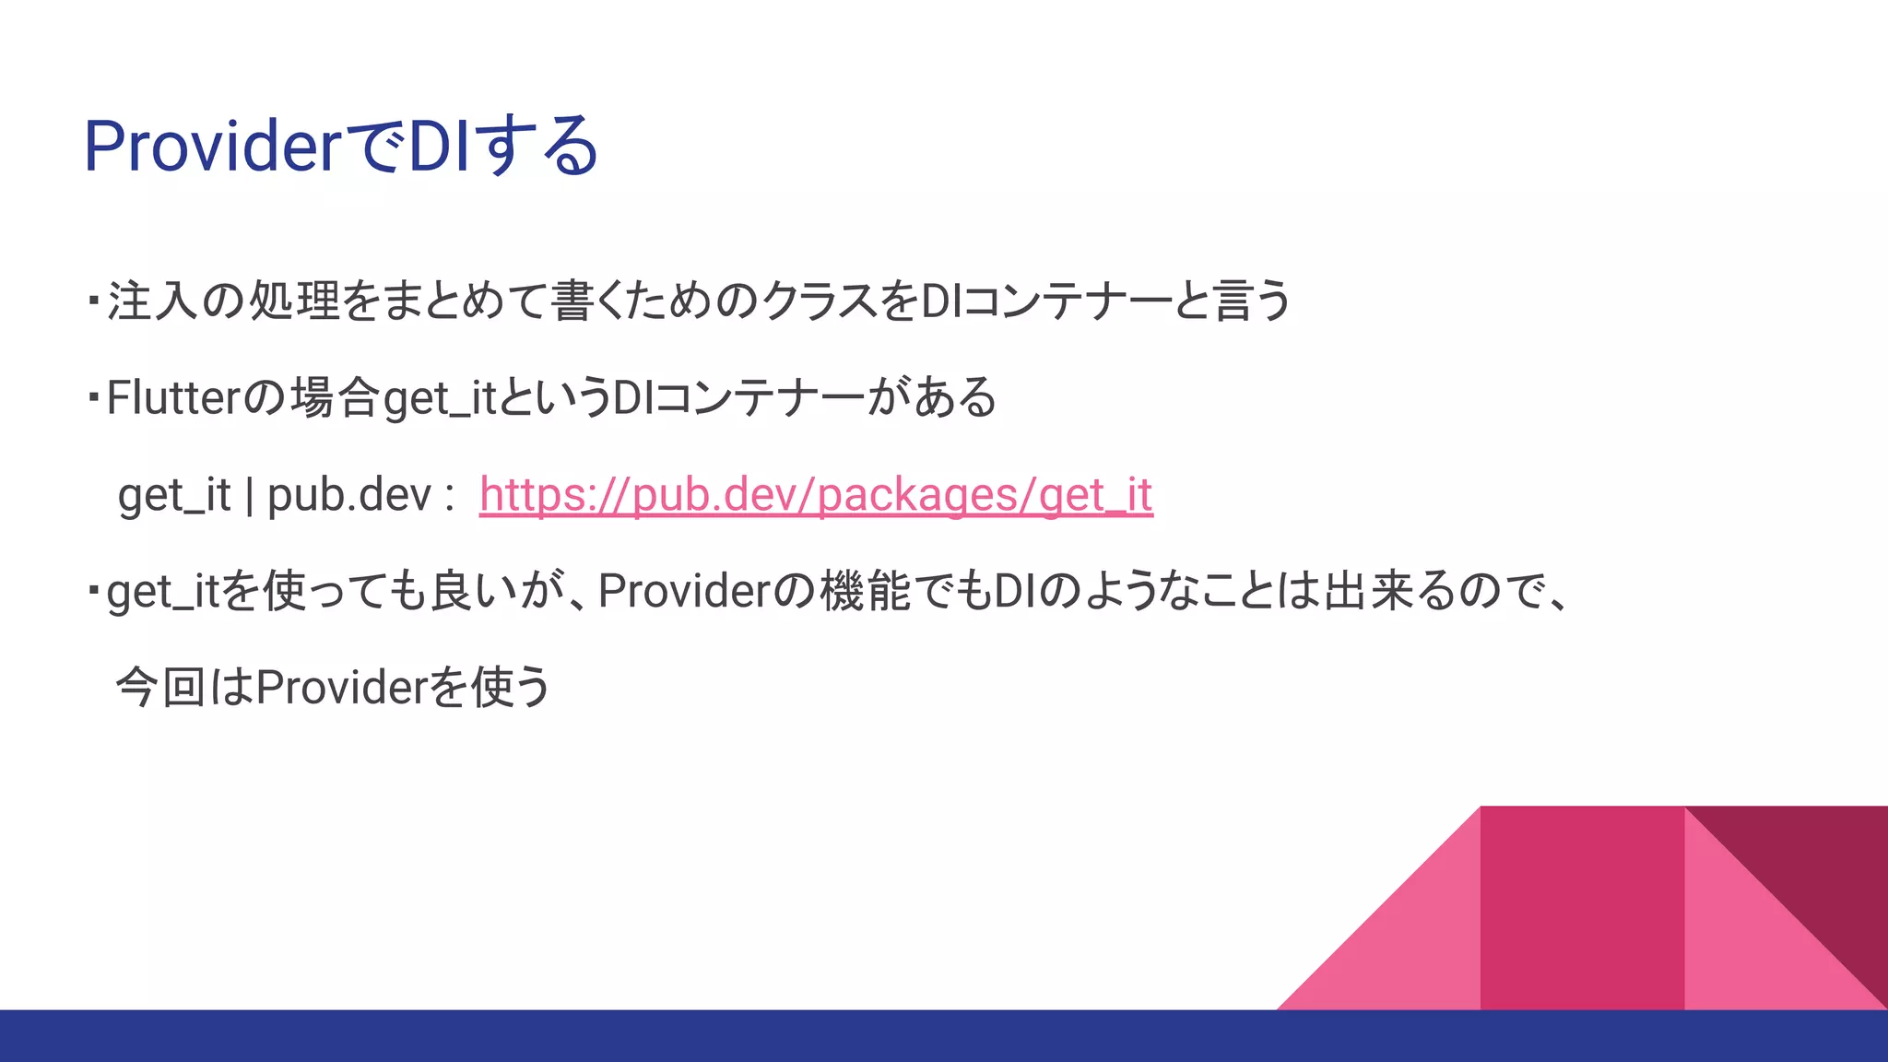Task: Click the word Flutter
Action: pyautogui.click(x=173, y=398)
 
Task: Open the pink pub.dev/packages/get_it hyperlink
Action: pyautogui.click(x=816, y=495)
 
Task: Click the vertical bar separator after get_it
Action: pyautogui.click(x=249, y=495)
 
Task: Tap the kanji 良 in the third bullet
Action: pyautogui.click(x=452, y=591)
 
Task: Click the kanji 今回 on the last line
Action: pyautogui.click(x=160, y=688)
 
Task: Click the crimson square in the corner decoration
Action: pyautogui.click(x=1582, y=908)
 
